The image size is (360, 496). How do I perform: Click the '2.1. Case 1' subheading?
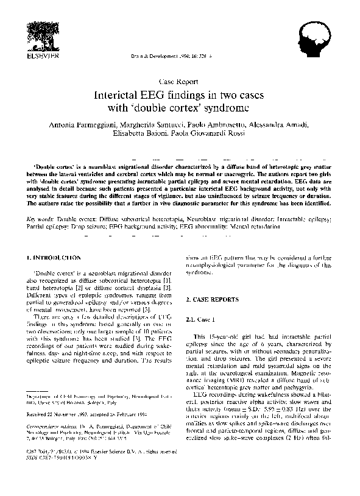coord(203,319)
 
